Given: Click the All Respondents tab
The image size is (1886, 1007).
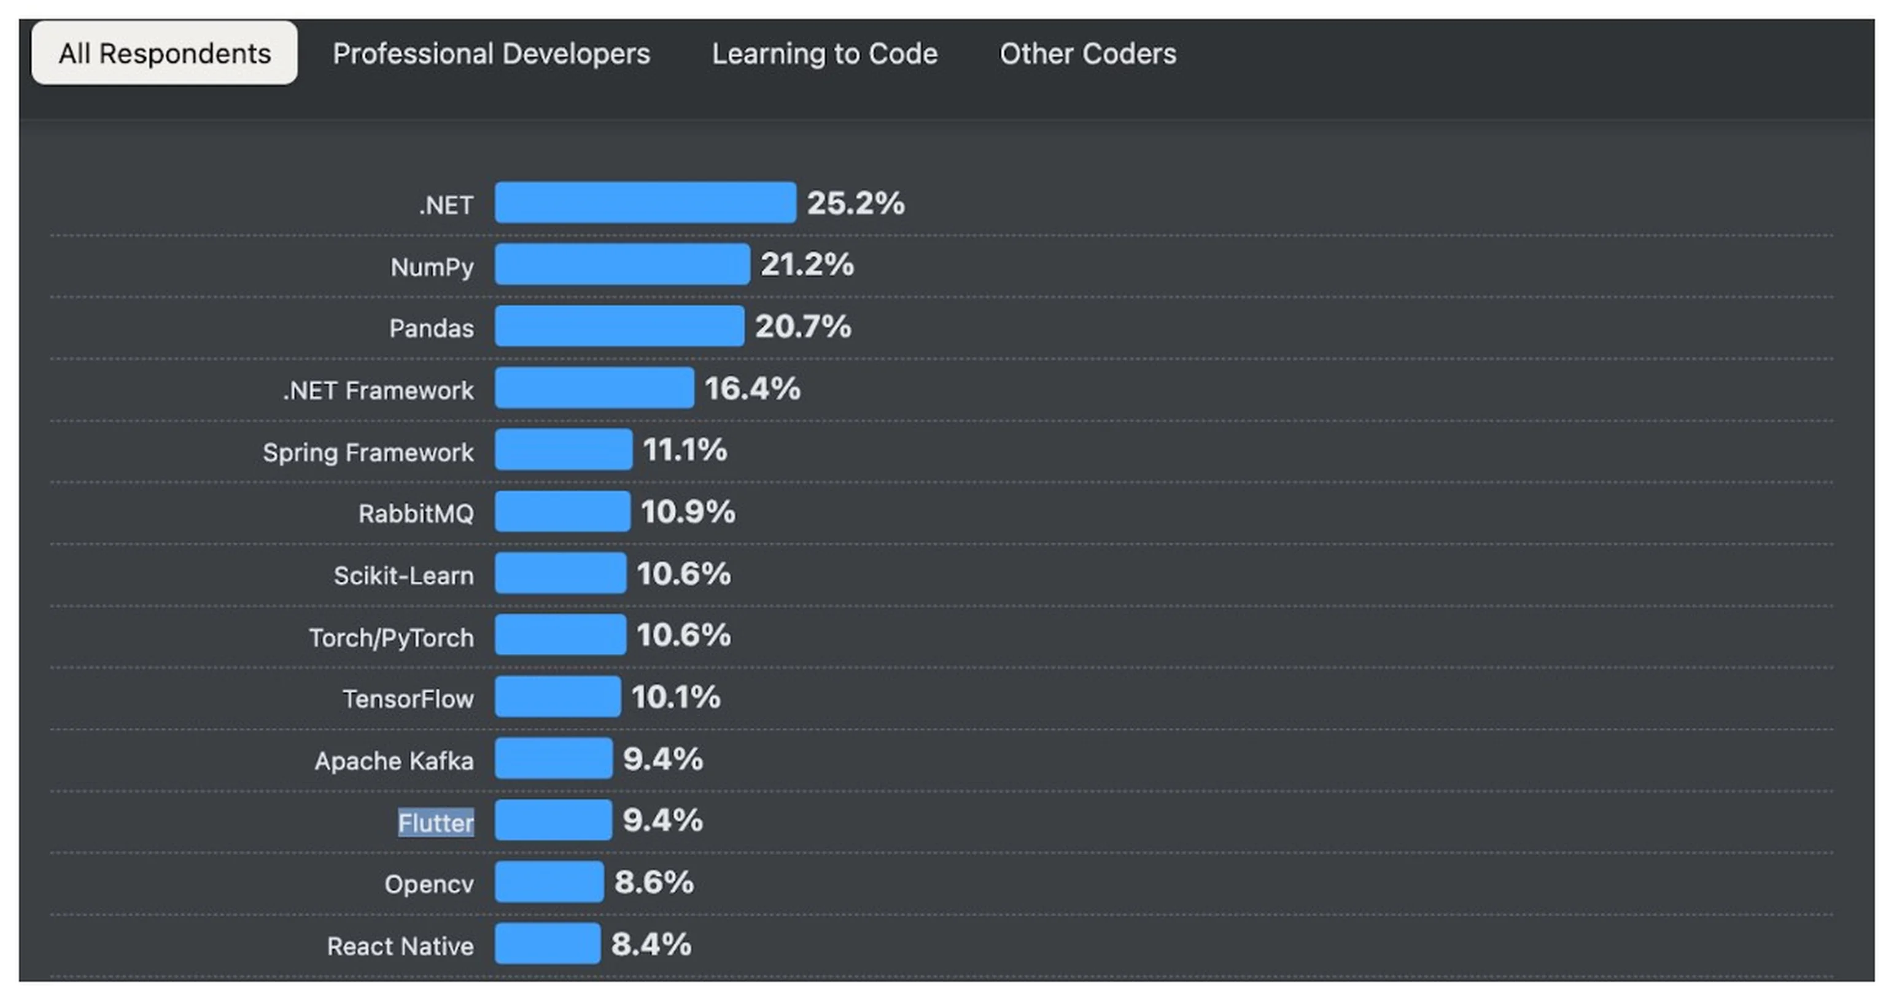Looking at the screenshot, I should pyautogui.click(x=165, y=53).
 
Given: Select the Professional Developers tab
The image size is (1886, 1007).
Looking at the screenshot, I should pyautogui.click(x=491, y=53).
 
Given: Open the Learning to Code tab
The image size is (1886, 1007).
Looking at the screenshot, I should pyautogui.click(x=825, y=53).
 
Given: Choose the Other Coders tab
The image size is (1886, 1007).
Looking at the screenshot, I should pyautogui.click(x=1088, y=53).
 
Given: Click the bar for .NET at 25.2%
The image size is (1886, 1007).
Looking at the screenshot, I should pyautogui.click(x=645, y=203).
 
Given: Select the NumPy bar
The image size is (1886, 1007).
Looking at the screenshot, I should pyautogui.click(x=623, y=264).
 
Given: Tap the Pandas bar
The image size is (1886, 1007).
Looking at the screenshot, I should pyautogui.click(x=619, y=326).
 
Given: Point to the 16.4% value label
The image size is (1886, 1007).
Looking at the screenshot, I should pyautogui.click(x=753, y=388).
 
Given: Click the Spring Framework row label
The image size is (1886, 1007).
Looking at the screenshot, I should pyautogui.click(x=368, y=452).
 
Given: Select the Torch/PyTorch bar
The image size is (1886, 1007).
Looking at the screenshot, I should pyautogui.click(x=560, y=635).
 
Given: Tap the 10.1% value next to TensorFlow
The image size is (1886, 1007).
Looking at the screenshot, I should pyautogui.click(x=676, y=696).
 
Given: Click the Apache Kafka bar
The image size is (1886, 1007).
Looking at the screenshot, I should pyautogui.click(x=554, y=758).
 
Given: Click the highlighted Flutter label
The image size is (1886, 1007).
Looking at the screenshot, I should pyautogui.click(x=436, y=822).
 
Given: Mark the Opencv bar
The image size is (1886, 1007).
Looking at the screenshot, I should pyautogui.click(x=549, y=882).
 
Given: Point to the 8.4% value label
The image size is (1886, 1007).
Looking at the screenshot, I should pyautogui.click(x=651, y=944).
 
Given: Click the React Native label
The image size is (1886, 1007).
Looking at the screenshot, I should pyautogui.click(x=400, y=946).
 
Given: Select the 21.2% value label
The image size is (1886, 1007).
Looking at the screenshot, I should pyautogui.click(x=807, y=264).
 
